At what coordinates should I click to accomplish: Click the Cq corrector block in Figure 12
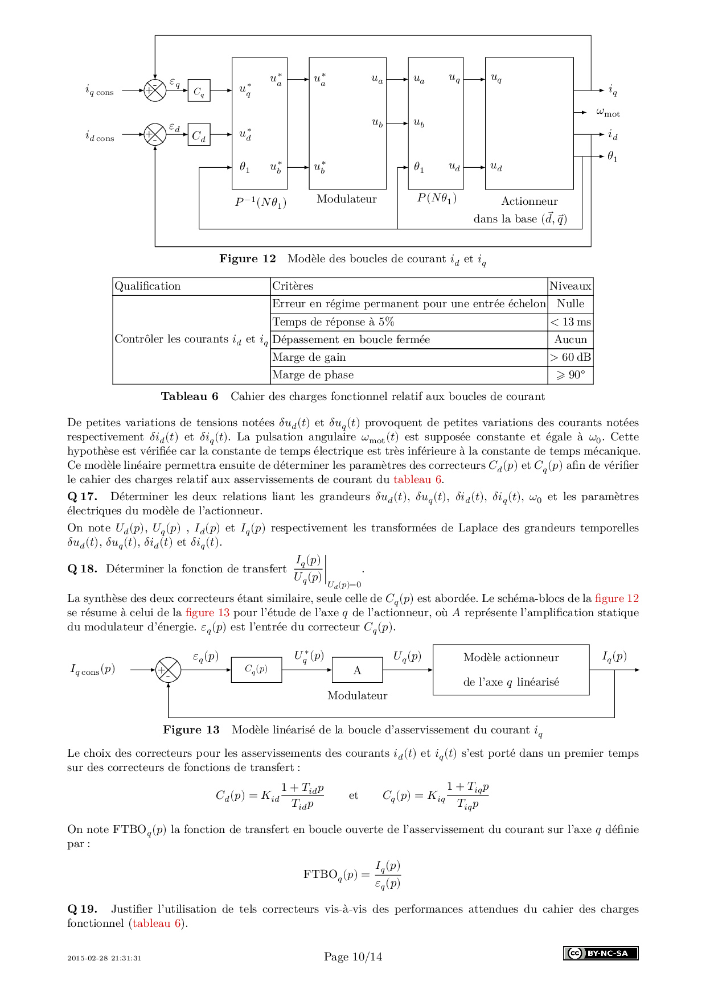point(199,90)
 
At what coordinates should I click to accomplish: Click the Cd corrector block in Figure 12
point(199,135)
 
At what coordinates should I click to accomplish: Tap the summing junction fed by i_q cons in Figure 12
point(155,90)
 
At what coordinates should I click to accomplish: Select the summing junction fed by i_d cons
point(155,135)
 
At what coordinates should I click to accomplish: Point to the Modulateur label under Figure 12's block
point(347,199)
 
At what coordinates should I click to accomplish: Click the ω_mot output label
point(608,113)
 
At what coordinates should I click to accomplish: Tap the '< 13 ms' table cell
point(570,322)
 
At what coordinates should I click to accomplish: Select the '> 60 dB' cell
point(570,357)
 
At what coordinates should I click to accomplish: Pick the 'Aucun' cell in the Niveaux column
point(570,340)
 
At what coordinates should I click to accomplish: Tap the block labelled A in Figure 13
point(358,670)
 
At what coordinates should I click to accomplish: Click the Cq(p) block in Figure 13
point(256,670)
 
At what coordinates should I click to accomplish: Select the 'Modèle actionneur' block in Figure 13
point(511,670)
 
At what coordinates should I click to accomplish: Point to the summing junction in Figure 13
point(168,670)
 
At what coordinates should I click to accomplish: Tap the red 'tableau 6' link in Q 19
point(157,923)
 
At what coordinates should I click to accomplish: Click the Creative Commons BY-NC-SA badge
point(601,953)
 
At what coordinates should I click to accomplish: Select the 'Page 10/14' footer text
point(353,957)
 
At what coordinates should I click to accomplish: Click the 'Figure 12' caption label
point(248,259)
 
